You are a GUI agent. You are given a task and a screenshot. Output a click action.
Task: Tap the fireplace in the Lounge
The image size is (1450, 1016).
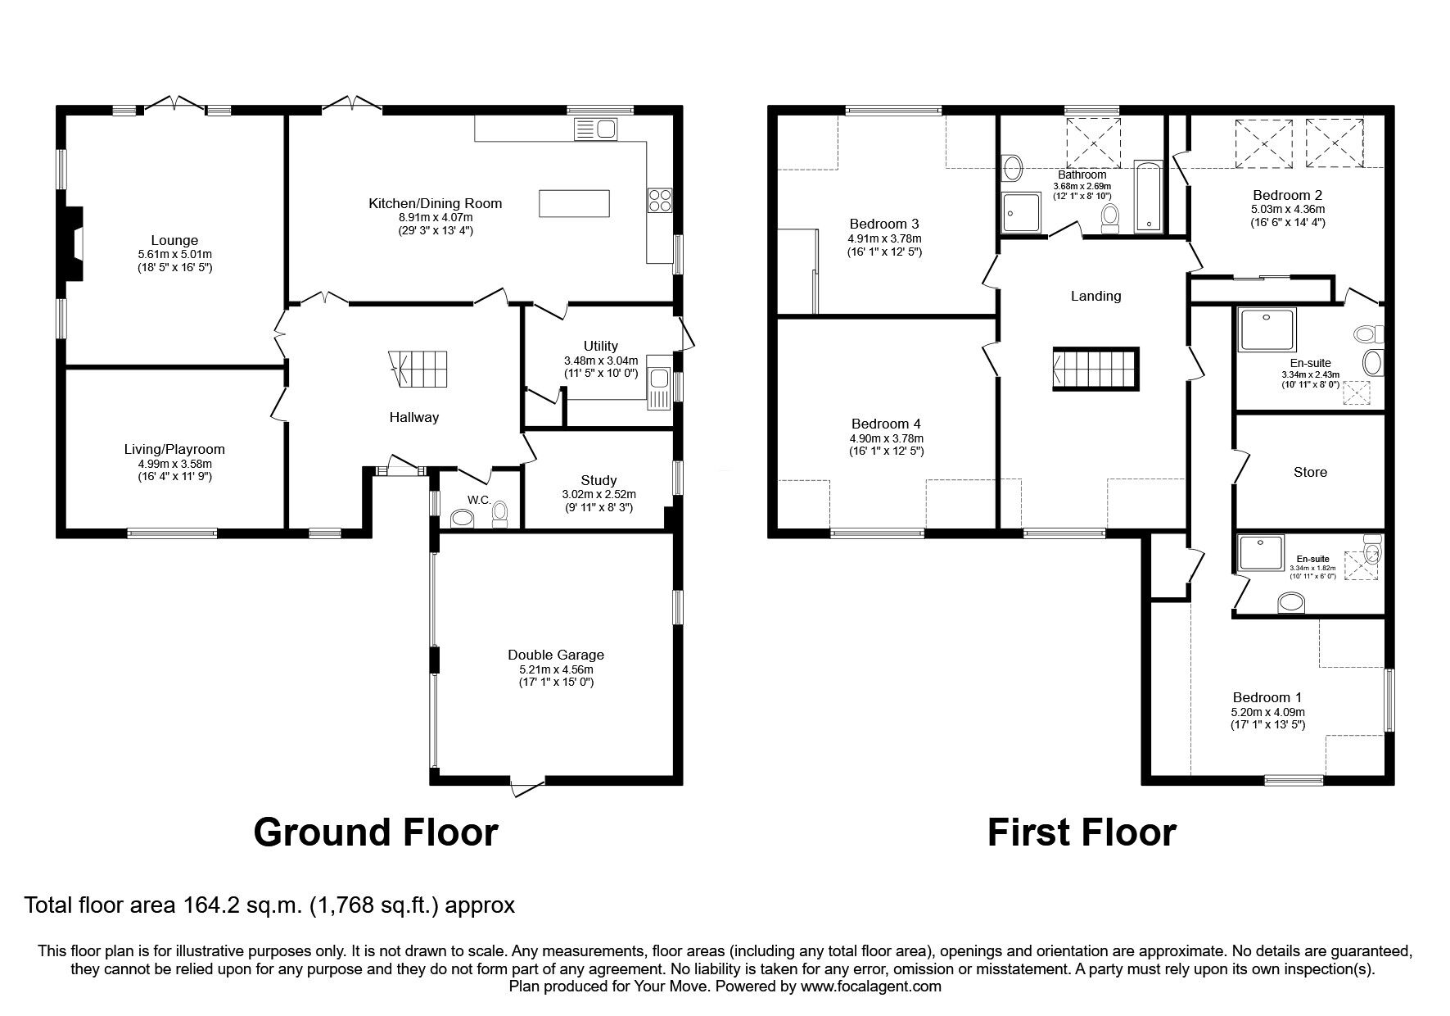click(x=75, y=243)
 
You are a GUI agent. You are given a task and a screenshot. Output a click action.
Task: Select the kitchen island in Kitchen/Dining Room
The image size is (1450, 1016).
click(x=575, y=203)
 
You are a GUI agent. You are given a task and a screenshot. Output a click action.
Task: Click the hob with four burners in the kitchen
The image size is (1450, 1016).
click(x=659, y=201)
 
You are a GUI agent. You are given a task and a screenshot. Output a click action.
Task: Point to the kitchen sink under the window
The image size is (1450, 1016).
click(x=596, y=129)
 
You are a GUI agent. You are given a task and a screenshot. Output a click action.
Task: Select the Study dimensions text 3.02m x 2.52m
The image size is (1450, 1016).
click(x=599, y=494)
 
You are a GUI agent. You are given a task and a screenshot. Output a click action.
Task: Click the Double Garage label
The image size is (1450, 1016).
click(x=555, y=655)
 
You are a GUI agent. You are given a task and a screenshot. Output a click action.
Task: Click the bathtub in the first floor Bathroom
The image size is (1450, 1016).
click(x=1146, y=197)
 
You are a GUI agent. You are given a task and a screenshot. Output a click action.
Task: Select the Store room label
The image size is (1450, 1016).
click(x=1310, y=472)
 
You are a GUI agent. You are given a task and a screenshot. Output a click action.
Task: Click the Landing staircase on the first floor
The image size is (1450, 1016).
click(x=1095, y=369)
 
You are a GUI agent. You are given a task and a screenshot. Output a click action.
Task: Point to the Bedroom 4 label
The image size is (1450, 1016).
click(x=886, y=424)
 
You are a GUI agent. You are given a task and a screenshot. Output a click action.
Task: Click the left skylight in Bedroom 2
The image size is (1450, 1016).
click(x=1263, y=144)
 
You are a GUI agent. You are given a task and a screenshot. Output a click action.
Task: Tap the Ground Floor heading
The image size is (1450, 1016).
click(x=375, y=832)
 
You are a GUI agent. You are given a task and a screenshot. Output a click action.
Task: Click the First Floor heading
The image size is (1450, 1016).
click(x=1081, y=832)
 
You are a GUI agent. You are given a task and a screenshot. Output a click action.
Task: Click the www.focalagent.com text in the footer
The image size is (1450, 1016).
click(x=870, y=987)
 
